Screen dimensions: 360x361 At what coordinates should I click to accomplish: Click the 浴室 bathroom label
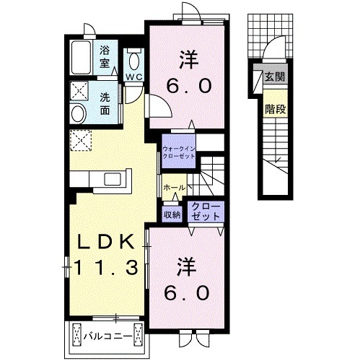105,57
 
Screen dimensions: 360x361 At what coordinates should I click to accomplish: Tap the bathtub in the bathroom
82,58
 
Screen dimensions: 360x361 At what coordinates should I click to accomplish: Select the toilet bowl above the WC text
133,61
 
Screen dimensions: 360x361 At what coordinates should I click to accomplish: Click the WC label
134,77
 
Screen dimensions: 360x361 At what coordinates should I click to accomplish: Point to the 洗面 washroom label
105,104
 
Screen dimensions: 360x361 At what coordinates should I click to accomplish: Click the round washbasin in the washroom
79,113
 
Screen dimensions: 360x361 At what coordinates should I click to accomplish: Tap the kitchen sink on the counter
113,179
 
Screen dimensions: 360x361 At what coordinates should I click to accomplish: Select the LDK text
105,241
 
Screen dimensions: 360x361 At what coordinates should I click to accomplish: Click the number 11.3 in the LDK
106,267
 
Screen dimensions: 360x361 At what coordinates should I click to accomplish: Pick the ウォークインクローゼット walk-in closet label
179,152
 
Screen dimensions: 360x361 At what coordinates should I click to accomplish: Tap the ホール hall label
175,187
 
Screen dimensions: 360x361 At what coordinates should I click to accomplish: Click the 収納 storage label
172,214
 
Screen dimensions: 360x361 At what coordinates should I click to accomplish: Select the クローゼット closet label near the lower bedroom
206,212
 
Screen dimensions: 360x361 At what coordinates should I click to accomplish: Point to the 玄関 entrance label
275,77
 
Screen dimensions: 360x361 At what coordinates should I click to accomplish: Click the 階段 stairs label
276,109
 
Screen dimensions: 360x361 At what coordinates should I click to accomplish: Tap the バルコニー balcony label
108,336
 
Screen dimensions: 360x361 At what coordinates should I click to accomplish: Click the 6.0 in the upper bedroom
189,86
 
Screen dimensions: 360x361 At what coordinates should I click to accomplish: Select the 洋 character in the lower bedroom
186,267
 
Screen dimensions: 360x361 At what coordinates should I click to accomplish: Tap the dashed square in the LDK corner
81,141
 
